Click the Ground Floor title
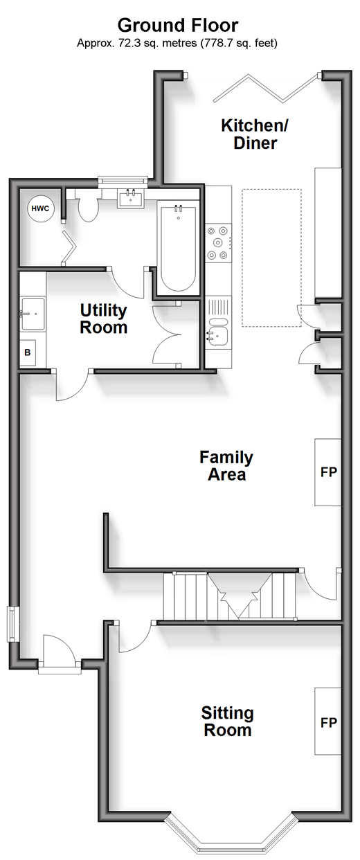178,26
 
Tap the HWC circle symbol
40,209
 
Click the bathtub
178,249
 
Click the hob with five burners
218,243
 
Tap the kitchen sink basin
217,337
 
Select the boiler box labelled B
28,352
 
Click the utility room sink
33,314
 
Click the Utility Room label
103,319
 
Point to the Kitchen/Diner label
255,134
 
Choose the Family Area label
226,466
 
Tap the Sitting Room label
227,722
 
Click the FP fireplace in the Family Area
328,472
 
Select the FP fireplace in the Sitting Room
328,722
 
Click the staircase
230,596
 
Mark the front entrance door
59,650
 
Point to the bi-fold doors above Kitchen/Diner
266,89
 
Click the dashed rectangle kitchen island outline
271,258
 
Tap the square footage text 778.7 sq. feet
238,43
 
